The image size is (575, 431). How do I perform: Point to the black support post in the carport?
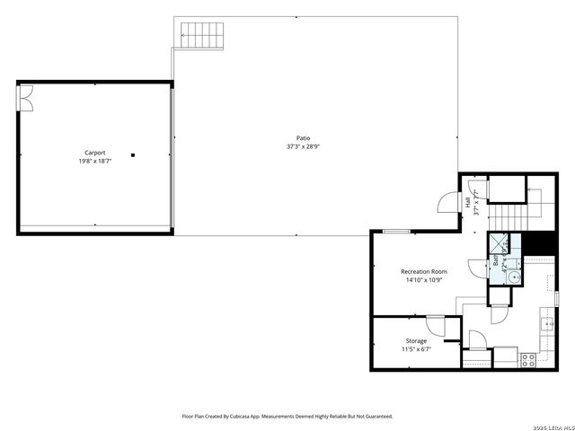(133, 154)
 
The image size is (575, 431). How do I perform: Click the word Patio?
(304, 137)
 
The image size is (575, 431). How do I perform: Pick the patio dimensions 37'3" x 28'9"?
(304, 146)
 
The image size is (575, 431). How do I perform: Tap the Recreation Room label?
(423, 270)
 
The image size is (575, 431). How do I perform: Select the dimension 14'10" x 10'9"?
(423, 279)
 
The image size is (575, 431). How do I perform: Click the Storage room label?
(416, 341)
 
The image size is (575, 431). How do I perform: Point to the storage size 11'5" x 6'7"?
(416, 350)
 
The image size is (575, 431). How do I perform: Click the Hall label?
(468, 203)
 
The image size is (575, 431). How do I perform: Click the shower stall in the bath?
(498, 244)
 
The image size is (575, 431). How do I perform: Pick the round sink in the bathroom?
(513, 277)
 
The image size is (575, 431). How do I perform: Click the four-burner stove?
(528, 358)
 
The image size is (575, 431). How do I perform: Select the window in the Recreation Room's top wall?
(396, 232)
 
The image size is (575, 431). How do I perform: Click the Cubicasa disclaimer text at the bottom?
(287, 416)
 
